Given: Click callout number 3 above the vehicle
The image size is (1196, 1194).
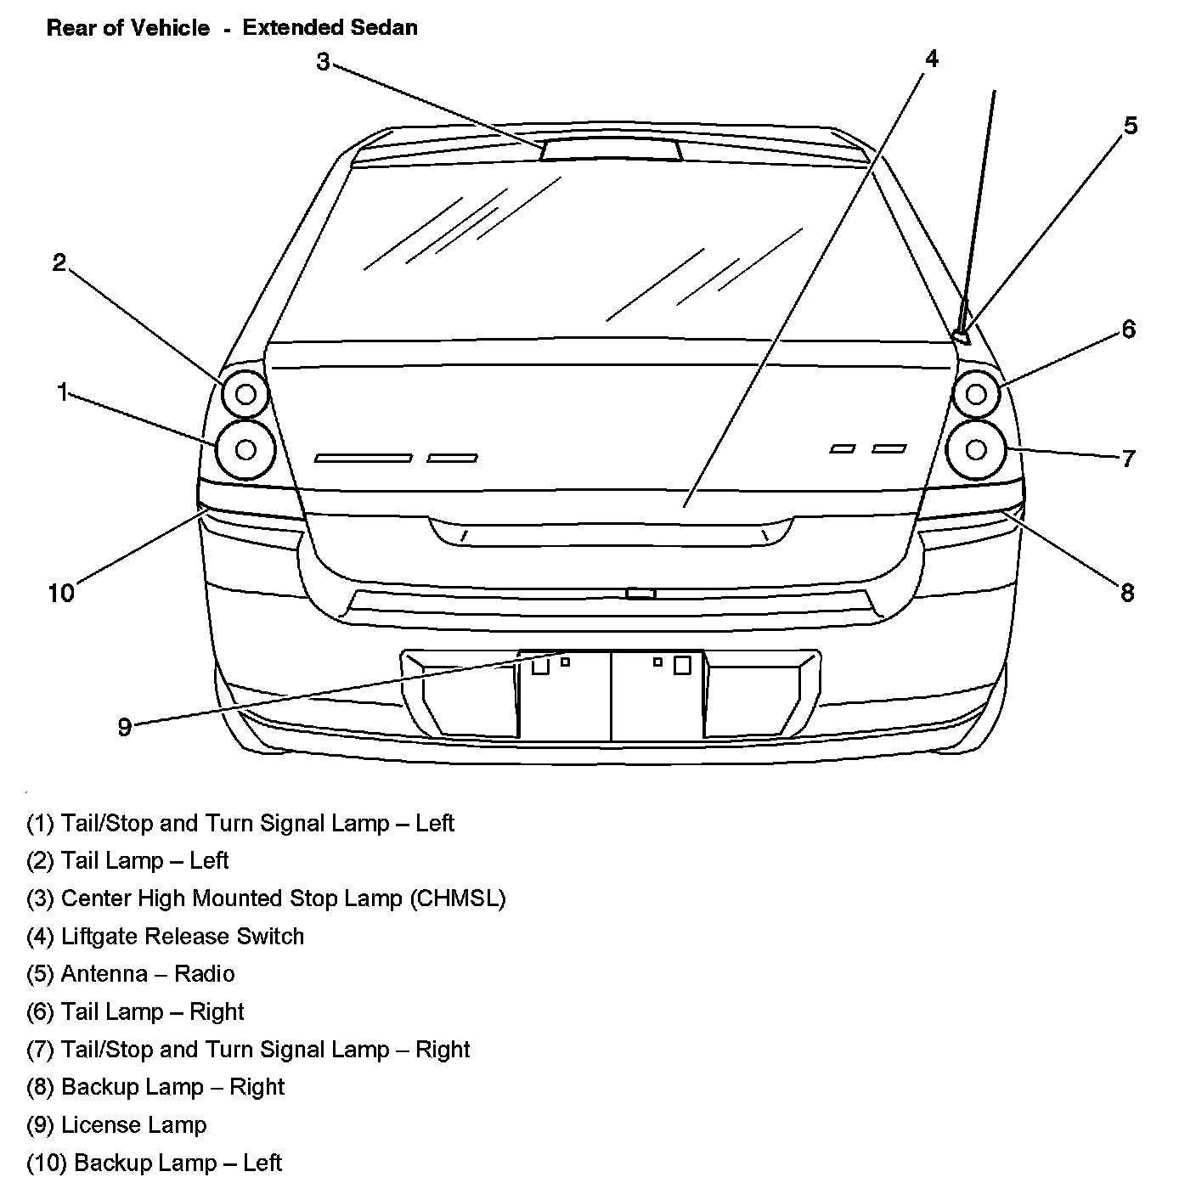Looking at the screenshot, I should [x=323, y=62].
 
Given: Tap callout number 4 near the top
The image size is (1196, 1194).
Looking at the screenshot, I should [x=932, y=59].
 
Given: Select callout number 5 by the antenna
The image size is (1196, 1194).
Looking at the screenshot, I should [x=1131, y=126].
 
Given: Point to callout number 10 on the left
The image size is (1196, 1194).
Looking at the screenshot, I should [x=61, y=593].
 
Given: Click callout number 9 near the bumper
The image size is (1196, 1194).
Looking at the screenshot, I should [x=125, y=727].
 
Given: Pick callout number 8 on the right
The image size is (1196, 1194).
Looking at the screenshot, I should [x=1127, y=593].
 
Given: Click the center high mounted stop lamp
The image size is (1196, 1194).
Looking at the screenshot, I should [x=611, y=150].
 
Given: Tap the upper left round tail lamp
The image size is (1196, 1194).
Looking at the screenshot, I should [x=245, y=394].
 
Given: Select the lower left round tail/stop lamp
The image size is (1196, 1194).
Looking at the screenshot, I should [x=245, y=449].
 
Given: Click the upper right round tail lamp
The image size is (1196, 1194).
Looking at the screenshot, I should [x=976, y=394].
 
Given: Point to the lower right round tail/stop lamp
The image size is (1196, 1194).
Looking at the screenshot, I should [x=976, y=449].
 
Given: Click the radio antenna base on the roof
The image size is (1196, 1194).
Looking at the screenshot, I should [x=962, y=336].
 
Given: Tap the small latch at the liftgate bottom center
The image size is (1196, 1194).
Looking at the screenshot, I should [x=640, y=593].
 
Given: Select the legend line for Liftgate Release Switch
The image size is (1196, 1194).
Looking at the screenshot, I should [x=165, y=936].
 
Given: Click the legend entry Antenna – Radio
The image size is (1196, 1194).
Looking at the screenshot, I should [x=131, y=973].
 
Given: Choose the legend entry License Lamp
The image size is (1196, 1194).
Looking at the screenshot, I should [x=116, y=1124].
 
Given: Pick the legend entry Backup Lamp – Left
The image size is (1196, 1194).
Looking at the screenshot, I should [x=154, y=1163].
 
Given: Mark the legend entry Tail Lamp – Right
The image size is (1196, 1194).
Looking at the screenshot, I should [x=135, y=1011].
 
